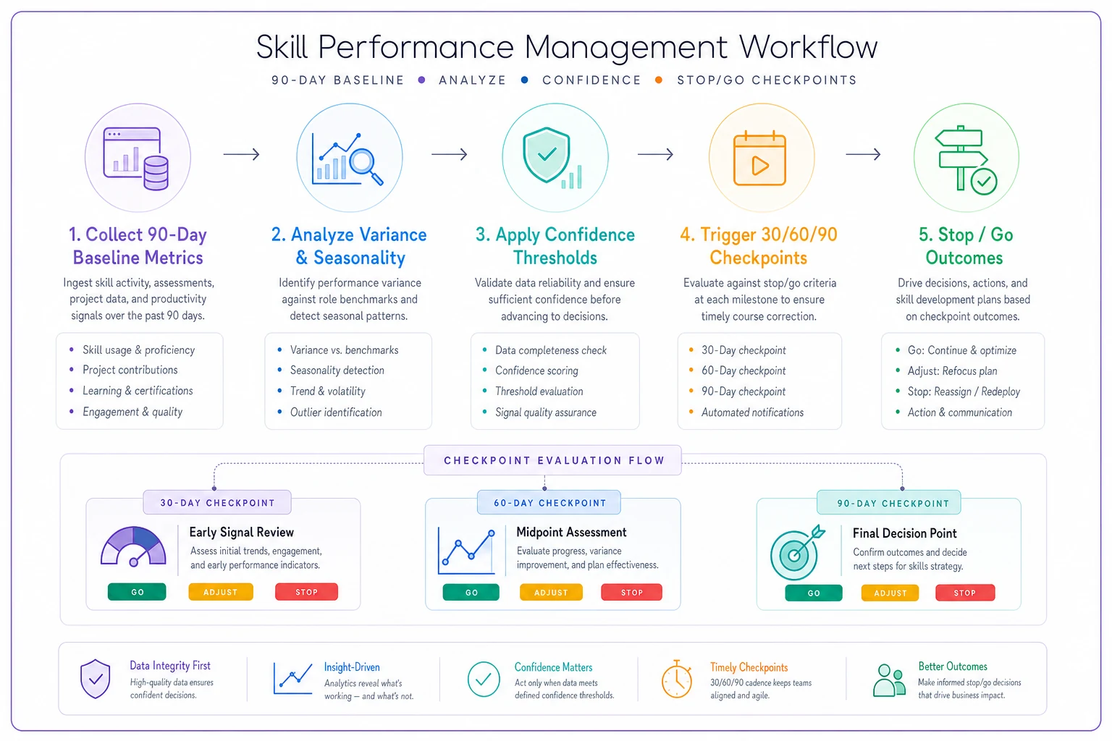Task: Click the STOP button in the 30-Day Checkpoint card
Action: (x=306, y=592)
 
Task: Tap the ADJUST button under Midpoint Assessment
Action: (x=551, y=592)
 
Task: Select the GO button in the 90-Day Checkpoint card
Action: (x=814, y=593)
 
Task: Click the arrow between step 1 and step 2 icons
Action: (x=241, y=154)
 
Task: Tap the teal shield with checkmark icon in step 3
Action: (x=546, y=155)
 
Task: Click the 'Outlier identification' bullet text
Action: (x=336, y=412)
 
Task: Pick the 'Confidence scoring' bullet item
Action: (x=536, y=370)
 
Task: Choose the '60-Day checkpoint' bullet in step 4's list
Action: (x=744, y=370)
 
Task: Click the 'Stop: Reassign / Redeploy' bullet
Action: (x=964, y=391)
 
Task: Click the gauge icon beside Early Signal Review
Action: (x=133, y=546)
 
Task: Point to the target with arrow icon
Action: (x=797, y=552)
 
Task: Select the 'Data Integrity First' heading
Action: (x=170, y=665)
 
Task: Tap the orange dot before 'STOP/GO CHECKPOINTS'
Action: (x=659, y=80)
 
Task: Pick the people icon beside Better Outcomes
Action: (x=889, y=680)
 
